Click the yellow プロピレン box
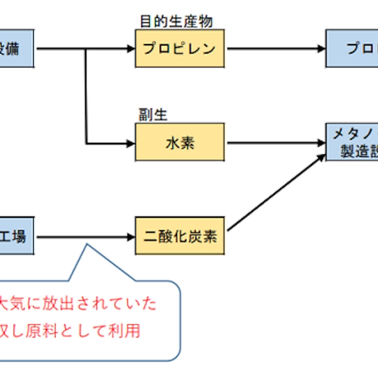pos(179,48)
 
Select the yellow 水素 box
pos(179,143)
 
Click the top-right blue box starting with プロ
pos(352,48)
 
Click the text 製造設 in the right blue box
pos(358,152)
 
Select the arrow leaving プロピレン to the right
pos(275,48)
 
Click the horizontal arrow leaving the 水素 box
pos(275,143)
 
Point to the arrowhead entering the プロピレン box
pos(130,48)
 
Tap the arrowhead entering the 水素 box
pos(130,143)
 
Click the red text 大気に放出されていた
pos(79,303)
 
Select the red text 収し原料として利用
pos(71,330)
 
